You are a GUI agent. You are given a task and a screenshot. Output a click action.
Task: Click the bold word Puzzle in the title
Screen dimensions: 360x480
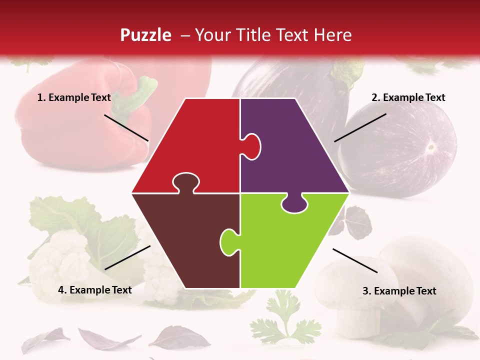145,35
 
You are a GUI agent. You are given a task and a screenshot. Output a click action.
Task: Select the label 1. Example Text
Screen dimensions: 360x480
74,97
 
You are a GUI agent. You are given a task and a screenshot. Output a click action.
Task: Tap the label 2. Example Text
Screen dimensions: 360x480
408,97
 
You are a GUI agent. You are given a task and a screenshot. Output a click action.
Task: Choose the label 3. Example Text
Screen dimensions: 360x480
399,291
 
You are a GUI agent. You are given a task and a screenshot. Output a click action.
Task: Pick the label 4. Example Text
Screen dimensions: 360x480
95,290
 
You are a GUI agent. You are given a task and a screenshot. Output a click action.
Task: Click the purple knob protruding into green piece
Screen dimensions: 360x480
295,204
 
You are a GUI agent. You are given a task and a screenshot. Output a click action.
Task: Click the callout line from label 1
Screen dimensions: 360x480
126,127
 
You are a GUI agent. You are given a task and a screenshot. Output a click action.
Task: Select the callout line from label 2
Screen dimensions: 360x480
360,127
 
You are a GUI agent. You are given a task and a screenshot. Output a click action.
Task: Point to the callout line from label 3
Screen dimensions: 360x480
355,260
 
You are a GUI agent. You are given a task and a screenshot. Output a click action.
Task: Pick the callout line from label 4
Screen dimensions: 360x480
127,257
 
